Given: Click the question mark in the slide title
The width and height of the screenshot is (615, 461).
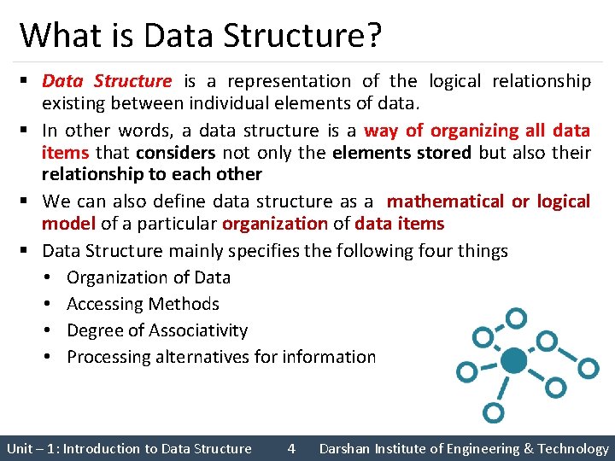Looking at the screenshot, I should pos(373,36).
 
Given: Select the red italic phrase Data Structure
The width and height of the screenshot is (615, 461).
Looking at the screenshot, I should pos(107,81).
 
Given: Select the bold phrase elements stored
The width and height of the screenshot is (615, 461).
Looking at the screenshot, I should pos(401,153).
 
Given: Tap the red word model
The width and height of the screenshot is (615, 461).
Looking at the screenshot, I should pos(69,224).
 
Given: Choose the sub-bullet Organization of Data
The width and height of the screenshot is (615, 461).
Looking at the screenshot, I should pos(149,277).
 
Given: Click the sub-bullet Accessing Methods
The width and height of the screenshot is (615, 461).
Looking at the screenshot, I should pos(143,304).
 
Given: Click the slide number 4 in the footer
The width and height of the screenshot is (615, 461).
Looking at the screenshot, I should pos(291,448).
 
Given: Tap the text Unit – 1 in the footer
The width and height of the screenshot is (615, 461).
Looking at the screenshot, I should pos(29,448).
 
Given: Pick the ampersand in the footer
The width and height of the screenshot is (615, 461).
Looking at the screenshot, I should pos(530,448).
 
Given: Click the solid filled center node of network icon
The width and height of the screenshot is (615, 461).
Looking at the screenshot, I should pos(513,361).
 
